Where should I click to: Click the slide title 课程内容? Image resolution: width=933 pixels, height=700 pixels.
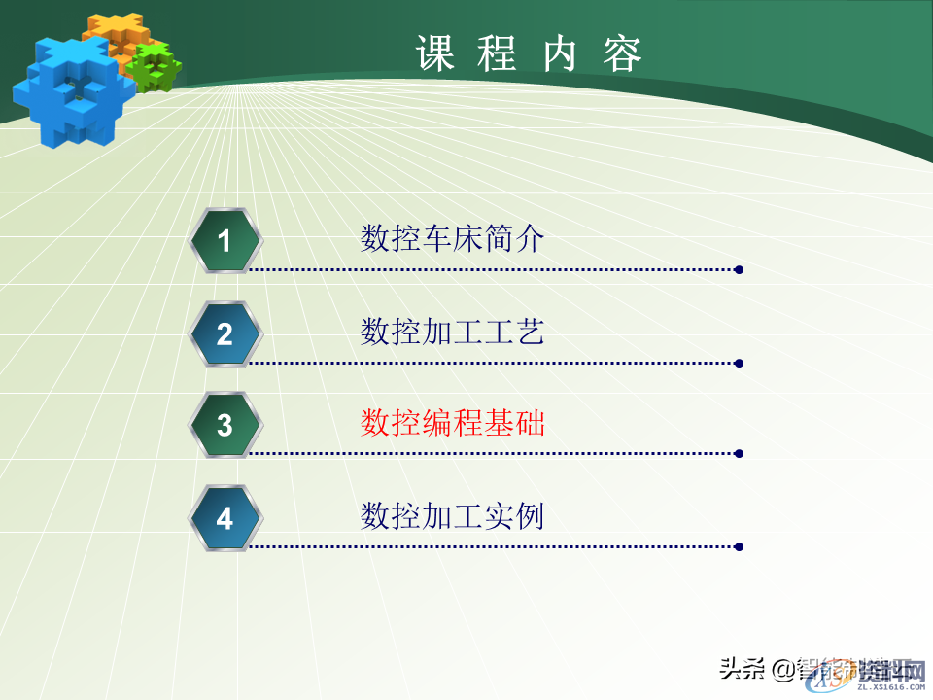(530, 54)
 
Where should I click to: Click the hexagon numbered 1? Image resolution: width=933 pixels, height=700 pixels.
(225, 240)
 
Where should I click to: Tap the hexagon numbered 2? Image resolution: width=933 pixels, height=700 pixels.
(225, 333)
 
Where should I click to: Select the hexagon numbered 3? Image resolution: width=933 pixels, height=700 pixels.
(225, 424)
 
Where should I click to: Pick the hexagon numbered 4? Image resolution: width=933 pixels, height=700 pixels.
(225, 518)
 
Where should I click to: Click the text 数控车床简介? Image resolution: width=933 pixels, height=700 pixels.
(452, 238)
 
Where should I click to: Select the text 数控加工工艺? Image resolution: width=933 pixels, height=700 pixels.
(452, 332)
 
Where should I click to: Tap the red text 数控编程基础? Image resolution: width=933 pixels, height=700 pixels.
(452, 423)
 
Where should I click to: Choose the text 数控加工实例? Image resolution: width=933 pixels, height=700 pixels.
(452, 515)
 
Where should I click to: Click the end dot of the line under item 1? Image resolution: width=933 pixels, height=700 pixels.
(740, 269)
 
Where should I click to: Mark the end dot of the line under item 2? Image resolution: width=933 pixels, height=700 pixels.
(740, 363)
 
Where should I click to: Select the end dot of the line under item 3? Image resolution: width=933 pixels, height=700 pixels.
(740, 453)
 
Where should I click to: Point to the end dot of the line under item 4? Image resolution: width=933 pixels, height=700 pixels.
(740, 546)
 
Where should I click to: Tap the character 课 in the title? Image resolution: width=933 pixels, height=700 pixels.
(434, 54)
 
